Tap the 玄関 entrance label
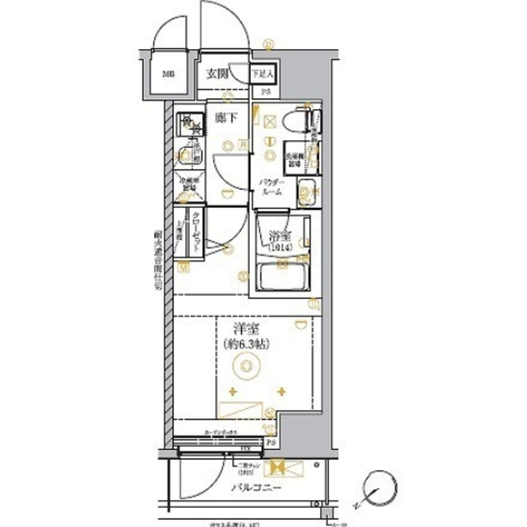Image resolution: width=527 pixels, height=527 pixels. click(x=216, y=74)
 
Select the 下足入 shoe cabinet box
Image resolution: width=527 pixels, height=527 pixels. click(x=262, y=74)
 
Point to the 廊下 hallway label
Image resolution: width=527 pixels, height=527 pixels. click(x=225, y=119)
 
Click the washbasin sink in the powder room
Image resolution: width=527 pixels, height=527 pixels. click(x=306, y=190)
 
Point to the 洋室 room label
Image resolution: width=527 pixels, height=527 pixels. click(x=246, y=330)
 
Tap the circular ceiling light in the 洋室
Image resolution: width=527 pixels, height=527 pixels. click(x=245, y=364)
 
